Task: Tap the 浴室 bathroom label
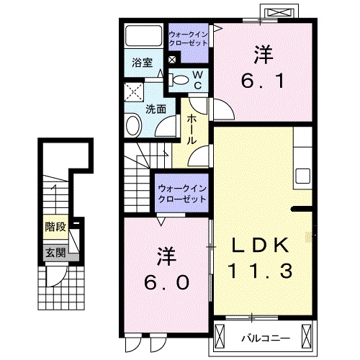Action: (x=140, y=63)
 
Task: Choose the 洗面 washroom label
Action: (x=156, y=109)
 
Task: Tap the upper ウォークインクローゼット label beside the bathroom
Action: (x=188, y=39)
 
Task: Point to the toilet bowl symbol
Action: (x=180, y=78)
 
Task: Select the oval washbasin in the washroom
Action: (x=135, y=127)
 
